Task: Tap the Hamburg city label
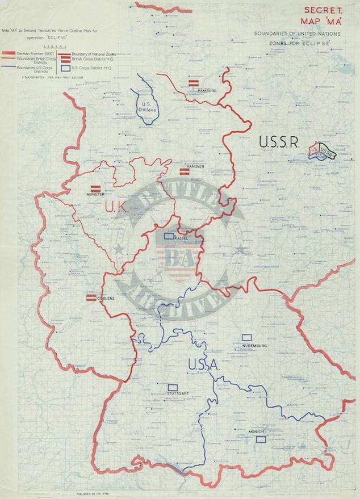coord(207,90)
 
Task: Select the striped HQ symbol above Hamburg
coord(193,83)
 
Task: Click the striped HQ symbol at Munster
coord(95,188)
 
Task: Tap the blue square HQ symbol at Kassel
coord(169,235)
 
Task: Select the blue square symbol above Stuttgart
coord(172,385)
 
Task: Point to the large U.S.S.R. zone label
coord(279,142)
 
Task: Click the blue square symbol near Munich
coord(261,439)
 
